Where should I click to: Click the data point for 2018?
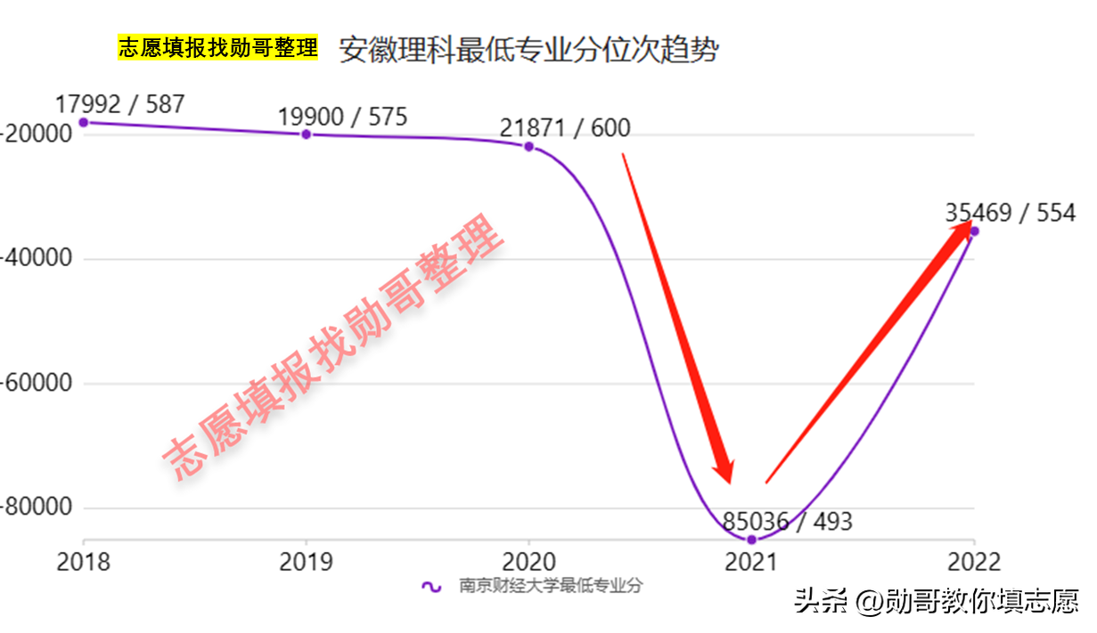(84, 122)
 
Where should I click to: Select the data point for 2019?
(307, 134)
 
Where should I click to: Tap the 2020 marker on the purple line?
(528, 146)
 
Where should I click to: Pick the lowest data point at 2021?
(751, 540)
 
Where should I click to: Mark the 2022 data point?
(974, 231)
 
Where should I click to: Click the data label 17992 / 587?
(119, 104)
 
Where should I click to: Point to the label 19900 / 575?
(342, 117)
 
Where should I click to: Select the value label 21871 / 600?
(564, 128)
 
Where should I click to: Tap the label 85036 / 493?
(787, 521)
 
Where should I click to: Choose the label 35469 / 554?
(1011, 214)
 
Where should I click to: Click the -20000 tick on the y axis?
(36, 134)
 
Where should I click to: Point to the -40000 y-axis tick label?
(36, 259)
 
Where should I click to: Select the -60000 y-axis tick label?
(36, 384)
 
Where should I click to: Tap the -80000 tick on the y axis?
(36, 508)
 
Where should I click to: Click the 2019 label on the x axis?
(307, 562)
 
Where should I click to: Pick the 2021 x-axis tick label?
(751, 562)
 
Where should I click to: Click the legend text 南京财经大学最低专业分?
(551, 586)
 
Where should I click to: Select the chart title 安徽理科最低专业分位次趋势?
(528, 50)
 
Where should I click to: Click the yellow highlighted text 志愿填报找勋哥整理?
(217, 48)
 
